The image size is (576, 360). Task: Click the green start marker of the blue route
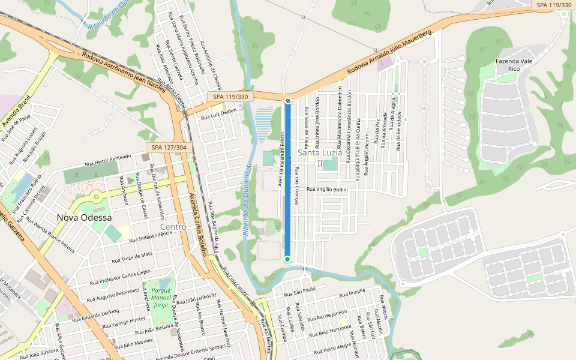click(287, 259)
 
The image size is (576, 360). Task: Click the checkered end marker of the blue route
click(287, 101)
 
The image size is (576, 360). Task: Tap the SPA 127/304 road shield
click(169, 148)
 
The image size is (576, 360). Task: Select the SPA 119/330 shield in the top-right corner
click(553, 5)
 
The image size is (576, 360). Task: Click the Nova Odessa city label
click(84, 217)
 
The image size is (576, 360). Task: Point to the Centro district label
click(173, 227)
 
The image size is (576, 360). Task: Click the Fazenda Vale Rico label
click(514, 65)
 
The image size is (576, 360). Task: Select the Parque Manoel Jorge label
click(160, 297)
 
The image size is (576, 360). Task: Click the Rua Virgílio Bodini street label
click(327, 190)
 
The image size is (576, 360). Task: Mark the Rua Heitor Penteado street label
click(108, 160)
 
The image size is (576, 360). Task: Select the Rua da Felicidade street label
click(398, 129)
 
